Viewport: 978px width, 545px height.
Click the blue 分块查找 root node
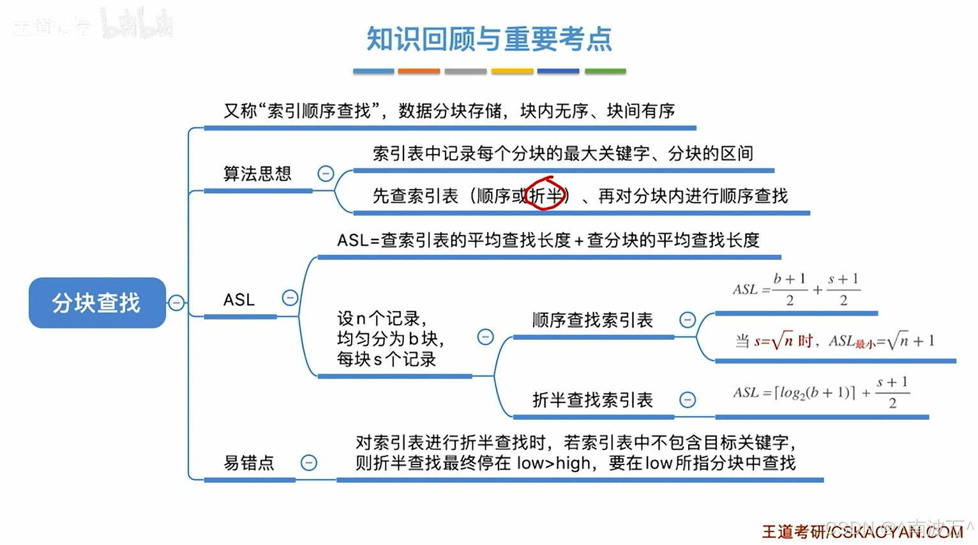(x=97, y=303)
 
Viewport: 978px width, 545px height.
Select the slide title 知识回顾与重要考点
(x=489, y=39)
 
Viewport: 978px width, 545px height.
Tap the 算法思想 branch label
(x=257, y=174)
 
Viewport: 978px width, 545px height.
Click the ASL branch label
(x=239, y=300)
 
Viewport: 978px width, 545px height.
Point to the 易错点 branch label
(x=249, y=463)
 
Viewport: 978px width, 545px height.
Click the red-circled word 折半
(x=546, y=195)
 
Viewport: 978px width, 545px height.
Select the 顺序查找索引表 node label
(x=592, y=320)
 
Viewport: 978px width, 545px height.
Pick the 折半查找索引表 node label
(x=592, y=400)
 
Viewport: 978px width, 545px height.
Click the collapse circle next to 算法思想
(x=326, y=173)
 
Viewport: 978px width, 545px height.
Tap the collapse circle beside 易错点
(x=309, y=463)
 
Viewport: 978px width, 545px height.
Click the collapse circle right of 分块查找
(x=176, y=303)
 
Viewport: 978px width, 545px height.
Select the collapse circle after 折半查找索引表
(x=688, y=400)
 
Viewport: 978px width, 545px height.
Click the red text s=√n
(x=773, y=341)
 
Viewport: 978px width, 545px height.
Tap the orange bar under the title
(x=419, y=72)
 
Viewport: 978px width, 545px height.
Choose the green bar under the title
(x=605, y=72)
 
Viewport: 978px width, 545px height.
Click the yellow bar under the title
(x=512, y=72)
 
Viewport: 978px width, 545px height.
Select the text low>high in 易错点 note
(x=553, y=463)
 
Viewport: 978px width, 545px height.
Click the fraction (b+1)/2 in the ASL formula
(x=790, y=289)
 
